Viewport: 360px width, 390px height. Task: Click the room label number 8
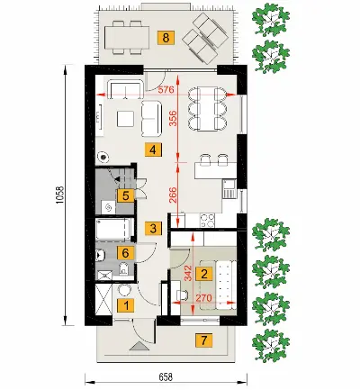(x=166, y=38)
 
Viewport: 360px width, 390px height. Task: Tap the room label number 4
(x=153, y=150)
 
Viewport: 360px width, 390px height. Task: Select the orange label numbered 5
(x=126, y=196)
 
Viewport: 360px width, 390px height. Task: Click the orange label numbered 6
(x=126, y=253)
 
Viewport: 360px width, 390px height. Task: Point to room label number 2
(x=204, y=274)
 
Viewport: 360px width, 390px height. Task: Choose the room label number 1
(x=126, y=306)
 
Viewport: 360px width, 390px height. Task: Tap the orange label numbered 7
(x=204, y=340)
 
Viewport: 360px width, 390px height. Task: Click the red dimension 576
(x=166, y=89)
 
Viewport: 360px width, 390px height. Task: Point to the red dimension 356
(x=175, y=118)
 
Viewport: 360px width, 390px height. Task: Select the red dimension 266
(x=175, y=195)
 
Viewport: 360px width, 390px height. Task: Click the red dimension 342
(x=188, y=273)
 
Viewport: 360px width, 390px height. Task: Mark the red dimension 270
(x=204, y=298)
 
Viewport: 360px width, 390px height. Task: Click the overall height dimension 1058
(x=59, y=195)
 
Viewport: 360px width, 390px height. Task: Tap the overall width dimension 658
(x=166, y=376)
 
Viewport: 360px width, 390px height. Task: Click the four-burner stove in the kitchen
(x=207, y=221)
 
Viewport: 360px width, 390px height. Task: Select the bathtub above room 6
(x=113, y=230)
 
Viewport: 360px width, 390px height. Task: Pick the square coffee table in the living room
(x=126, y=119)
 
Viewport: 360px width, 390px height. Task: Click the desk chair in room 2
(x=183, y=295)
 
